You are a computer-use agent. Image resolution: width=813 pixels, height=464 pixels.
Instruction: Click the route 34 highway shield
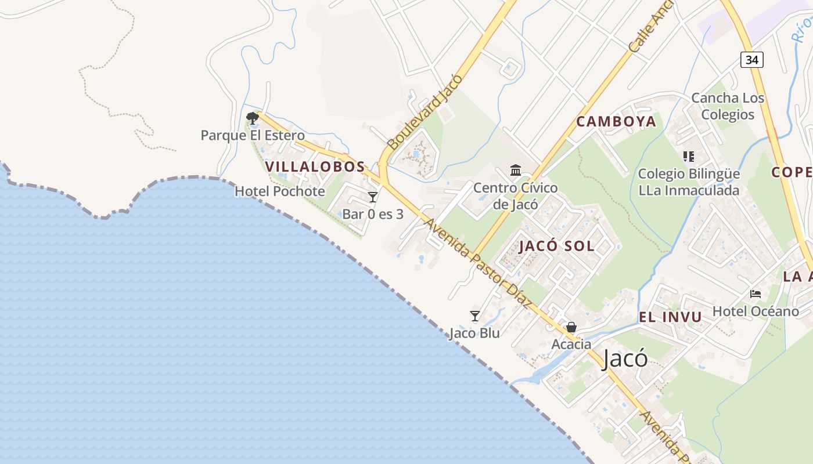click(752, 59)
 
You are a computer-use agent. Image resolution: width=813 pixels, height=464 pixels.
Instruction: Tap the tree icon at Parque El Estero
click(252, 118)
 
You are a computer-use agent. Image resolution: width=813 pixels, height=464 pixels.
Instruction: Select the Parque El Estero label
click(253, 136)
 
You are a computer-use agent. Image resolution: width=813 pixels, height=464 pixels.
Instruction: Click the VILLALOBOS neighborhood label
click(315, 166)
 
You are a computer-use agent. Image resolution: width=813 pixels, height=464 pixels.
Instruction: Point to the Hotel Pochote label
click(280, 191)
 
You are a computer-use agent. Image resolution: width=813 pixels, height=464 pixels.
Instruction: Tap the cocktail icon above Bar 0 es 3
click(373, 197)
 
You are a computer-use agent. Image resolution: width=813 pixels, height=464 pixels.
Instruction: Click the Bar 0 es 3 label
click(373, 214)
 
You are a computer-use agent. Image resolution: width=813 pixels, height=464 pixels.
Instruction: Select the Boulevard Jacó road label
click(426, 111)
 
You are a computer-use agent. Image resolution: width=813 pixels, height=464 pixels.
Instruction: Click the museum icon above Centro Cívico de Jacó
click(516, 170)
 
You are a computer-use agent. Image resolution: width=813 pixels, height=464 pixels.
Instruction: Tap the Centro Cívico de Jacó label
click(516, 196)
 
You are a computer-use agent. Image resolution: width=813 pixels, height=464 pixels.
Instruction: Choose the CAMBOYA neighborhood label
click(616, 121)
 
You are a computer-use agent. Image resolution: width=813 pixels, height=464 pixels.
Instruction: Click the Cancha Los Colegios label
click(728, 106)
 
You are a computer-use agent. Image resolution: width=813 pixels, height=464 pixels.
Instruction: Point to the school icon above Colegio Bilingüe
click(689, 157)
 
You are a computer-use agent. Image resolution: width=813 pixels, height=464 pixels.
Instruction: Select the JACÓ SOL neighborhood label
click(556, 246)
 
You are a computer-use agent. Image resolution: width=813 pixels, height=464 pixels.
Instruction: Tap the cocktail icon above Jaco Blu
click(475, 316)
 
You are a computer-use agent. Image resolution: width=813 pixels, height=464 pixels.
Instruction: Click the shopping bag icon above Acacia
click(571, 327)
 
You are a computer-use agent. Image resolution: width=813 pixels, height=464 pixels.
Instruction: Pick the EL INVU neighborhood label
click(670, 317)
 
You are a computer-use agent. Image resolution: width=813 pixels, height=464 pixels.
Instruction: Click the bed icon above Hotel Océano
click(756, 294)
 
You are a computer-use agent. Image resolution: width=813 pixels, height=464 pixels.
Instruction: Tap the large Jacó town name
click(625, 358)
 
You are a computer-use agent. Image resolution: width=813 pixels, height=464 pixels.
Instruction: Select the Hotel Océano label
click(756, 311)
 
